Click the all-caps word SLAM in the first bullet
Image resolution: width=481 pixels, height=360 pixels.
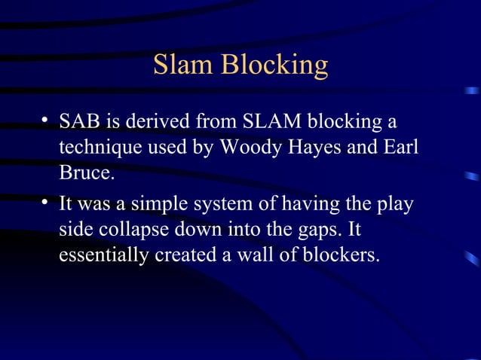coord(280,121)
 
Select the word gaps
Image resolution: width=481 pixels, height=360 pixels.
coord(317,230)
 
